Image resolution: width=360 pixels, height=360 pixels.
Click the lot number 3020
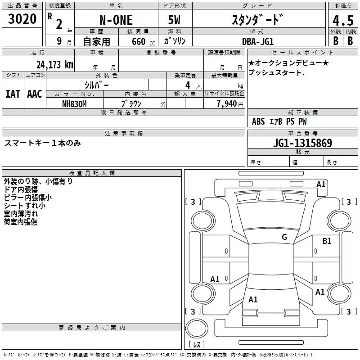(22, 19)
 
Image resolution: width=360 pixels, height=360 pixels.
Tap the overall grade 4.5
(342, 21)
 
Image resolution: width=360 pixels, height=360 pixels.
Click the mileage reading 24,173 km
(54, 64)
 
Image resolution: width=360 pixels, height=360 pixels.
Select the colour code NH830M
(74, 103)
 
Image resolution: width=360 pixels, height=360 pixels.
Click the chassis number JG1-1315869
(303, 144)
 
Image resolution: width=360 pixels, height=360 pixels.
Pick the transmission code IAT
(13, 94)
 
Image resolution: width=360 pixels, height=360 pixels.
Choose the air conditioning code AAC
(34, 94)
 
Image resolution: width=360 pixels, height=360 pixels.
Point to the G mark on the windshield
(284, 237)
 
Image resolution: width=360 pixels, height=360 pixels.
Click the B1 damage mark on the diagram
(327, 241)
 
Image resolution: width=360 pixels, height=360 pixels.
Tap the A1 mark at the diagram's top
(321, 184)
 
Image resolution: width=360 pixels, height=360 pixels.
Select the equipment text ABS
(258, 121)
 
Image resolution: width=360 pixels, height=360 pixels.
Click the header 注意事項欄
(124, 133)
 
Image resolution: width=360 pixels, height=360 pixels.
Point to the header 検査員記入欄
(92, 173)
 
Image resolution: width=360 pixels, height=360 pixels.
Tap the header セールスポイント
(303, 53)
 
